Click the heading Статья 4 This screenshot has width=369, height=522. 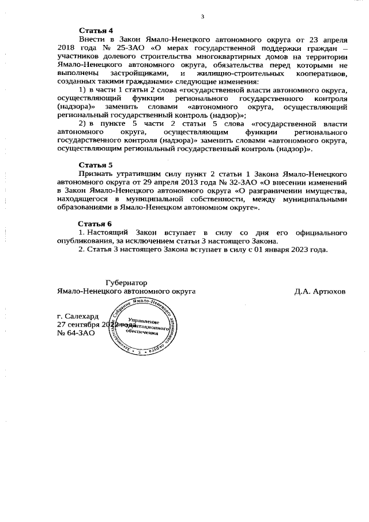96,30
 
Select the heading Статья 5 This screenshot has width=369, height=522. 96,164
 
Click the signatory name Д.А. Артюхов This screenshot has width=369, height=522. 319,292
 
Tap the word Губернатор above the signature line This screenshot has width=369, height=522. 126,283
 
